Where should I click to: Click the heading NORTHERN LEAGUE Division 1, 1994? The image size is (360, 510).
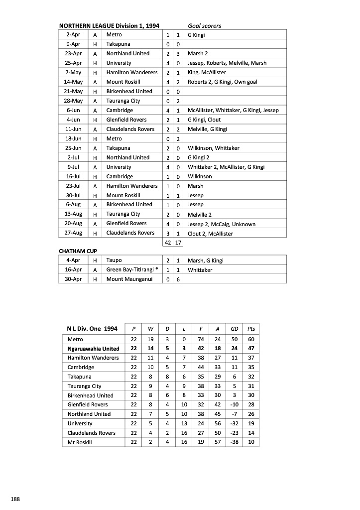click(109, 25)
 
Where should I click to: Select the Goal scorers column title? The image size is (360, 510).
click(204, 25)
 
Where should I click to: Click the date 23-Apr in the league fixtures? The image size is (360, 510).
click(73, 54)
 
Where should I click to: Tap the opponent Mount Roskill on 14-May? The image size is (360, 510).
click(123, 82)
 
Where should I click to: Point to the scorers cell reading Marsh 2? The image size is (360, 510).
click(198, 54)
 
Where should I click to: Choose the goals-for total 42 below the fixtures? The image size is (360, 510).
click(168, 243)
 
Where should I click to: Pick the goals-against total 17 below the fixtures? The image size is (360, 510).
click(178, 243)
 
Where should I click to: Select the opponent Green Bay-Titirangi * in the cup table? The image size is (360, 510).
click(132, 270)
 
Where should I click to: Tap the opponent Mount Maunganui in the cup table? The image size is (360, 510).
click(128, 279)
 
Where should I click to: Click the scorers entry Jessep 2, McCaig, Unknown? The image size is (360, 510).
click(215, 224)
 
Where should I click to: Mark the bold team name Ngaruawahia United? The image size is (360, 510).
click(93, 349)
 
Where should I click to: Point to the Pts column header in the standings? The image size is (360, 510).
click(251, 329)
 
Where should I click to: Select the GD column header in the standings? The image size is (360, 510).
click(234, 329)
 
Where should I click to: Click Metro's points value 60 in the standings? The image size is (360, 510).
click(251, 339)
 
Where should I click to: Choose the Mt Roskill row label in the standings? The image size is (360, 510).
click(80, 442)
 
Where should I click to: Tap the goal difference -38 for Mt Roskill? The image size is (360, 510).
click(234, 442)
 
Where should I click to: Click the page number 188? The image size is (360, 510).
click(15, 499)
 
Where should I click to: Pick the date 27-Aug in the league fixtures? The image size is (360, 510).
click(73, 233)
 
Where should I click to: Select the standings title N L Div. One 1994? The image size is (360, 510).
click(92, 329)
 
